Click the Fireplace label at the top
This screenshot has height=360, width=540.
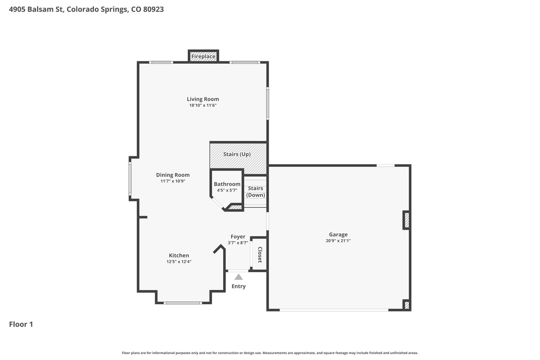(203, 57)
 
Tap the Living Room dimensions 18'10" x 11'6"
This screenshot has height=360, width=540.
(203, 106)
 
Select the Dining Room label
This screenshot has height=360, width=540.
(173, 175)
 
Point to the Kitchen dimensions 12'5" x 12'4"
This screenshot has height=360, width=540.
(179, 262)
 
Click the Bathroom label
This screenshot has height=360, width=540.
(227, 184)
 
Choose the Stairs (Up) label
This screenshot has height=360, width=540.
(237, 154)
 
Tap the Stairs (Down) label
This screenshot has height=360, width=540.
(256, 192)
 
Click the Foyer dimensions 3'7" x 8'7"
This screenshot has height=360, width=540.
(238, 243)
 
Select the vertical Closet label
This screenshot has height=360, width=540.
(260, 254)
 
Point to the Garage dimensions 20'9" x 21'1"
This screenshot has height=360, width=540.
(338, 241)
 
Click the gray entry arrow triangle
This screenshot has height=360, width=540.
(239, 277)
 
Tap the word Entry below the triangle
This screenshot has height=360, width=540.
(239, 286)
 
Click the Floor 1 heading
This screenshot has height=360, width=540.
(21, 324)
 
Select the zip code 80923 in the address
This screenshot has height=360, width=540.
(154, 9)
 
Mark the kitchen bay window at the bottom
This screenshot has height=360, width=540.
(183, 303)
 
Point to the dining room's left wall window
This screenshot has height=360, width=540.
(130, 179)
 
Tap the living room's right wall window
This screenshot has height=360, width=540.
(267, 103)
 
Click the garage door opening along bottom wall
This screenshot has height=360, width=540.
(334, 310)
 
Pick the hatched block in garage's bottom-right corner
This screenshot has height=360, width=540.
(407, 305)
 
